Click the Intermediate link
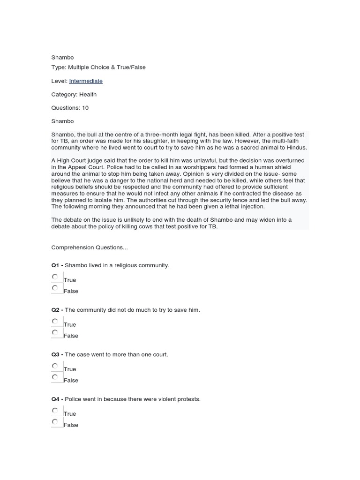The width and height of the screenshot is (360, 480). point(86,81)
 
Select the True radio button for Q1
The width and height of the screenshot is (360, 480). point(55,277)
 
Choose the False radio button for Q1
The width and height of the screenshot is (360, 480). point(55,288)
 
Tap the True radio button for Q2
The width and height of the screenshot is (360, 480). point(55,321)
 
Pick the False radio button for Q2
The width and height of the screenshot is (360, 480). point(55,332)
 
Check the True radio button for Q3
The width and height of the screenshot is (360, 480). point(55,366)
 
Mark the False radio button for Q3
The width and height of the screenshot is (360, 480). point(55,377)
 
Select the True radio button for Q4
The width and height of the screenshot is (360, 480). point(55,410)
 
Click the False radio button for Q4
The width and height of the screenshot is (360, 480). point(55,421)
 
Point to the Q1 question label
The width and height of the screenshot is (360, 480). point(56,265)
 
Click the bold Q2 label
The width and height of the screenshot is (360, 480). point(56,310)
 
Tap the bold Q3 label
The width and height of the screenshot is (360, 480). point(56,354)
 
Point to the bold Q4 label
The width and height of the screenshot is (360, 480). point(56,399)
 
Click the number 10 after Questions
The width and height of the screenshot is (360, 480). point(85,108)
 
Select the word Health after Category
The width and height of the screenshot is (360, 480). point(88,94)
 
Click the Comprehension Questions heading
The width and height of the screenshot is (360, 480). point(90,247)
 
